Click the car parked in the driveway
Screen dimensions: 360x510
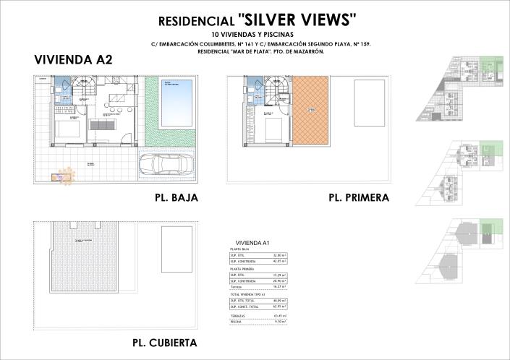tap(166, 165)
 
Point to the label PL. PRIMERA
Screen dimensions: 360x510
tap(359, 197)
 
